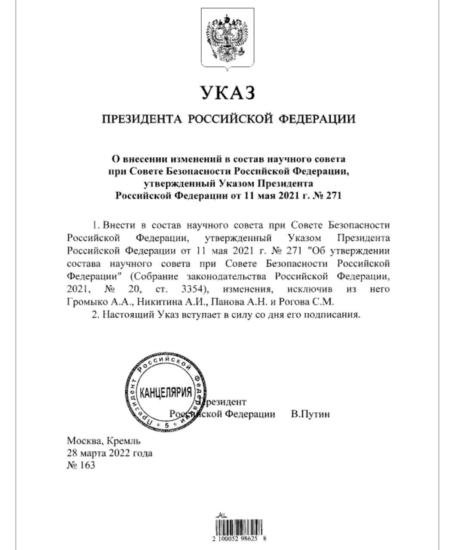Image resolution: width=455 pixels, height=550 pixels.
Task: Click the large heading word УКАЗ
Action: pos(228,92)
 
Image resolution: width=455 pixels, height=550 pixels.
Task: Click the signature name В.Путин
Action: pos(310,414)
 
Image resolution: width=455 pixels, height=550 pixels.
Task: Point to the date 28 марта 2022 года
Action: pos(109,453)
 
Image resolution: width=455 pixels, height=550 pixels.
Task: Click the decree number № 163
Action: pos(81,465)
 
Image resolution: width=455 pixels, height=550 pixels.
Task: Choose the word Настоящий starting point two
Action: pos(122,315)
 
